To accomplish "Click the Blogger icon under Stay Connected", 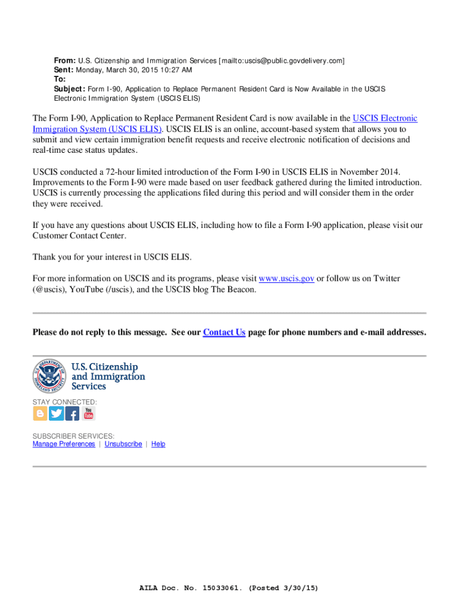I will pyautogui.click(x=41, y=413).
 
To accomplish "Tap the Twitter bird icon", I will pyautogui.click(x=57, y=413).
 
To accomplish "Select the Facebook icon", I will pyautogui.click(x=72, y=413).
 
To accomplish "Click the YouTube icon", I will pyautogui.click(x=89, y=413).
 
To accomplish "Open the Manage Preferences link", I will pyautogui.click(x=64, y=444).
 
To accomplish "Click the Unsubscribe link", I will pyautogui.click(x=123, y=444).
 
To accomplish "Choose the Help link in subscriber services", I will pyautogui.click(x=159, y=444).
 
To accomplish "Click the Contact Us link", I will pyautogui.click(x=224, y=332).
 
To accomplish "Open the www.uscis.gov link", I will pyautogui.click(x=287, y=279).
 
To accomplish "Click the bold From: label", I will pyautogui.click(x=64, y=61).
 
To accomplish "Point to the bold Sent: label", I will pyautogui.click(x=64, y=70).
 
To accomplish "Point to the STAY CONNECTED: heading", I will pyautogui.click(x=64, y=403).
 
